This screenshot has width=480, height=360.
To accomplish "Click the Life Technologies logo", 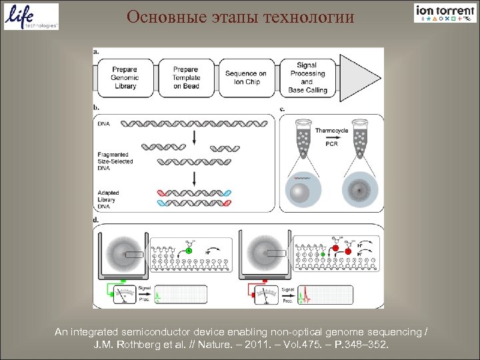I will click(31, 17).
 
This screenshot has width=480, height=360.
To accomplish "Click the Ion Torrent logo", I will click(445, 13).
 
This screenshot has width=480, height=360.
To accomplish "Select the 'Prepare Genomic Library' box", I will click(125, 78).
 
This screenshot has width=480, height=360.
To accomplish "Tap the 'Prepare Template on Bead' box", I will click(185, 78).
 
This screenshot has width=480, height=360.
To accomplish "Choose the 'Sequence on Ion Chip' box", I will click(245, 78).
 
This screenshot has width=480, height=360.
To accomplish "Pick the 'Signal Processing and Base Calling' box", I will click(307, 78).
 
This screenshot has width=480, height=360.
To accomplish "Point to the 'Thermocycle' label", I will click(331, 131).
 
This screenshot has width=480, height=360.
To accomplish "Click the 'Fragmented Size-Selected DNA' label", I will click(115, 161).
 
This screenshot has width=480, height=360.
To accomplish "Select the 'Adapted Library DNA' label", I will click(108, 199).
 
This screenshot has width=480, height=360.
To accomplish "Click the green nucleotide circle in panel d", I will click(189, 250).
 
